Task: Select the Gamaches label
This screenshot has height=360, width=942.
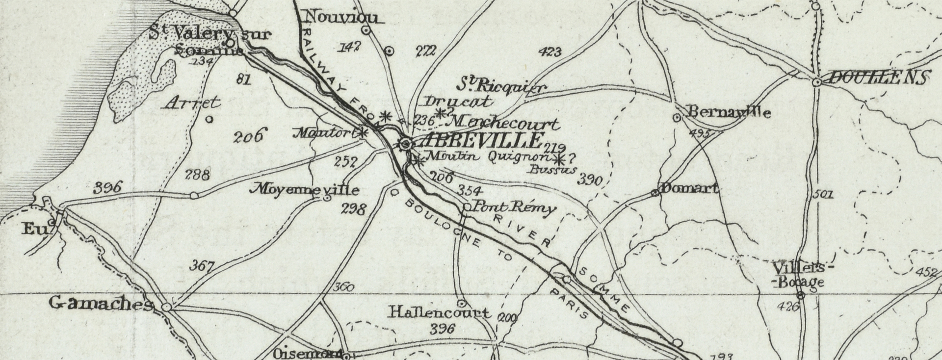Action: click(x=101, y=304)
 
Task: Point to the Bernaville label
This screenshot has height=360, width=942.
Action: click(x=729, y=112)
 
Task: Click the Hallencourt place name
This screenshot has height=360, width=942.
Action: click(x=439, y=312)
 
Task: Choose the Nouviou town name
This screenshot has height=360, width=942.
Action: click(x=342, y=18)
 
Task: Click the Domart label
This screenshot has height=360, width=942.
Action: click(x=690, y=188)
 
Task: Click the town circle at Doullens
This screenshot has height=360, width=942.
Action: click(x=817, y=83)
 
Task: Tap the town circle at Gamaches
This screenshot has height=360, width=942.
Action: click(x=167, y=307)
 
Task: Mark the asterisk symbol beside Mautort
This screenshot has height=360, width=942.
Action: click(x=363, y=132)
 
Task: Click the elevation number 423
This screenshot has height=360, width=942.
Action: click(x=549, y=51)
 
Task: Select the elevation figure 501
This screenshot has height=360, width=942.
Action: click(x=823, y=195)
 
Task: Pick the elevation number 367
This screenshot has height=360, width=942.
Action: click(x=202, y=266)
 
